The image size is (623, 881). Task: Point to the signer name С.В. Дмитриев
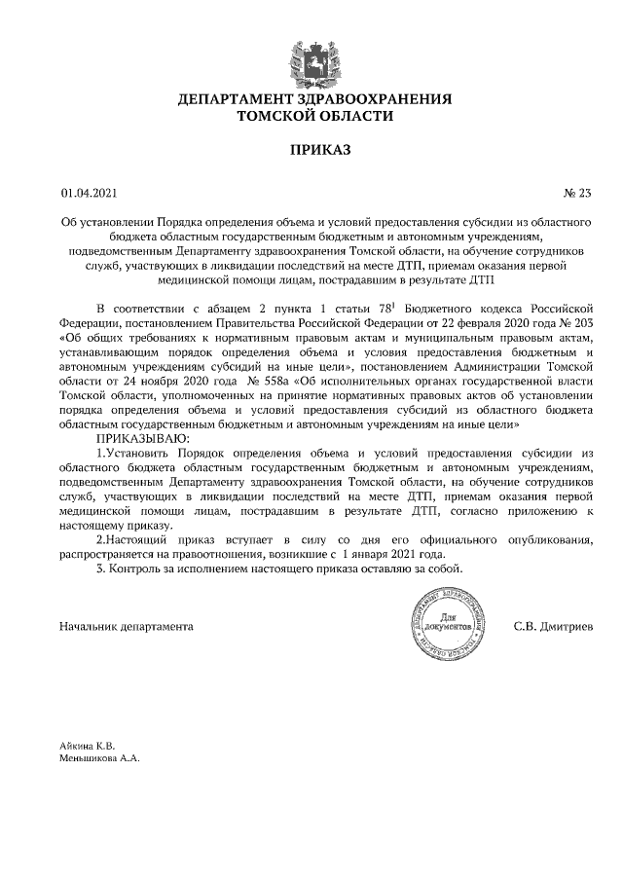(x=559, y=625)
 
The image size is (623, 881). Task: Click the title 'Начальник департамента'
(x=126, y=625)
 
